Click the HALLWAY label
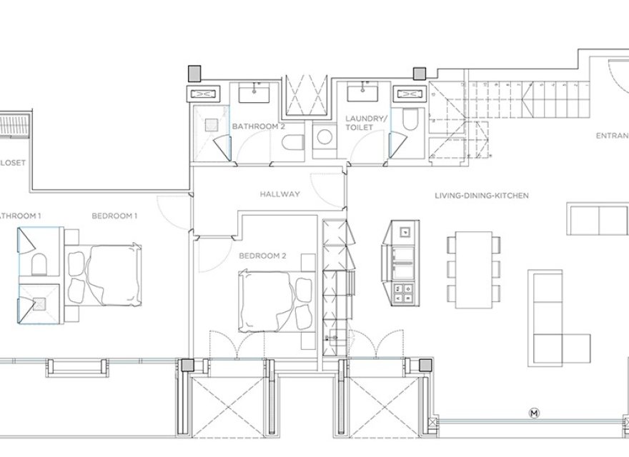click(x=279, y=194)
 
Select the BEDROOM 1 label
click(x=114, y=215)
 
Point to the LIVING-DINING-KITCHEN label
click(x=481, y=195)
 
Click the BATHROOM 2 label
click(x=258, y=126)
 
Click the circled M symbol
click(x=533, y=413)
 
